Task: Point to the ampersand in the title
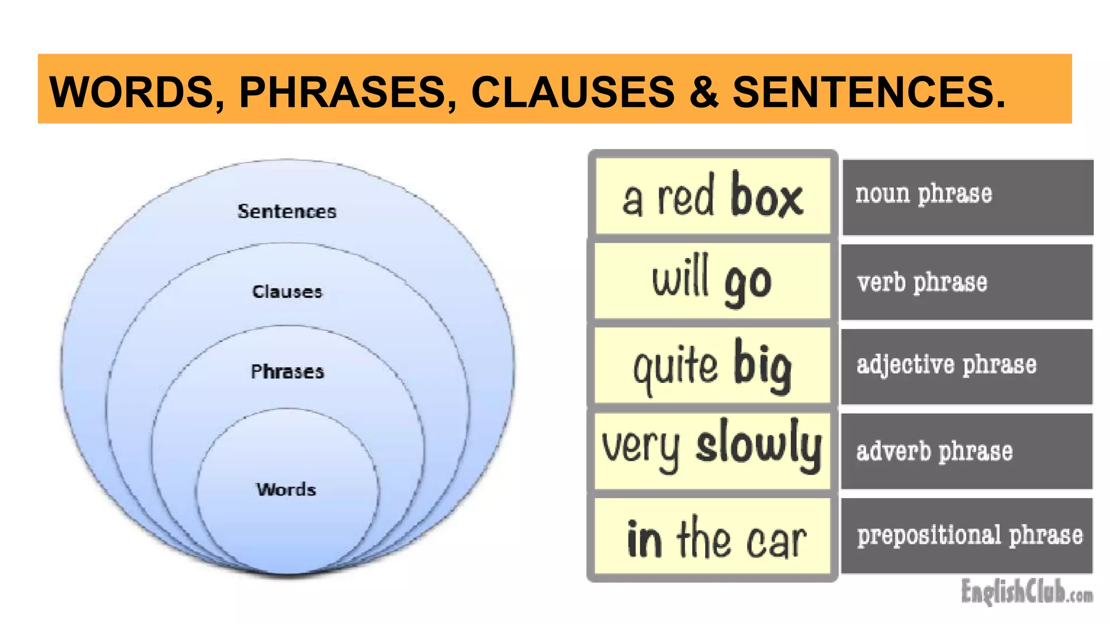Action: click(704, 92)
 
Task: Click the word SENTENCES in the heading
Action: click(867, 92)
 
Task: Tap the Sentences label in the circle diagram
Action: click(287, 211)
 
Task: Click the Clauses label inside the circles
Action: click(287, 292)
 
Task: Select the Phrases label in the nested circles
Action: click(287, 372)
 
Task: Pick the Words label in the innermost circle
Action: click(286, 489)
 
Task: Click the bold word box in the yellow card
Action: click(766, 196)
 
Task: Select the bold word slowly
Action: click(759, 447)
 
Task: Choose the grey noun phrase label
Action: click(924, 194)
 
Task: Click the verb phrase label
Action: click(922, 282)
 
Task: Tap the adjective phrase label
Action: click(946, 365)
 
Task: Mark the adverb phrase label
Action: click(934, 451)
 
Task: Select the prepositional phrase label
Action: click(970, 535)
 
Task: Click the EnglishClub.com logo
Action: click(1027, 591)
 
